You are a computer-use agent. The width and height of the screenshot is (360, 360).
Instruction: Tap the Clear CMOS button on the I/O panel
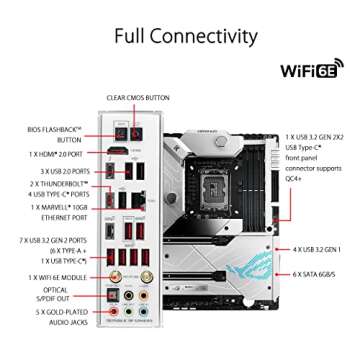[139, 130]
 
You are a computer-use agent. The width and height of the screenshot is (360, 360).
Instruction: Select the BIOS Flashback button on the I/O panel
[121, 130]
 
